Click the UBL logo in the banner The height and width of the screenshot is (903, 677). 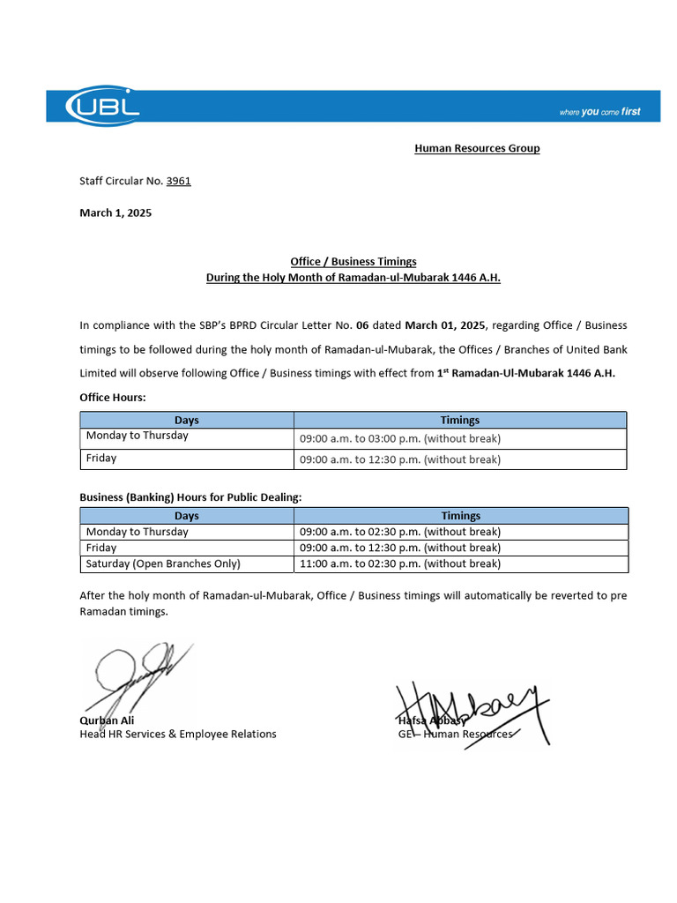[x=102, y=105]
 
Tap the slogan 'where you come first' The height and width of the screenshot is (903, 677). [x=599, y=112]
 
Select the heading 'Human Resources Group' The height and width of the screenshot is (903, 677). [x=477, y=148]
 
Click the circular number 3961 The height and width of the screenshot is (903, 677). [x=178, y=181]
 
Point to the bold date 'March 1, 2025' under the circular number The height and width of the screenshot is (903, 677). [x=115, y=213]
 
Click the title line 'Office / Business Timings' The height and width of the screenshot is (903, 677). [x=353, y=262]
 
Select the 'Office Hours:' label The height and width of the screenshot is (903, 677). [x=113, y=398]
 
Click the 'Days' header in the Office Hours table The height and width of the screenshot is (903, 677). [x=186, y=420]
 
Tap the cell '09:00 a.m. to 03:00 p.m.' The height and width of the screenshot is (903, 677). [x=399, y=438]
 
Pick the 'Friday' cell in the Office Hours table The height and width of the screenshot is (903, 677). [x=101, y=459]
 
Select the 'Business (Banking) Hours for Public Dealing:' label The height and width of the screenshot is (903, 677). [x=190, y=497]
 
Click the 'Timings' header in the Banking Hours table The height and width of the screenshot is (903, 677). [x=460, y=516]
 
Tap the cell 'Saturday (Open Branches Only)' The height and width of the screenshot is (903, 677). [x=163, y=563]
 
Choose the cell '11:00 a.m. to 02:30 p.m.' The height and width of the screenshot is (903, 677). [x=399, y=563]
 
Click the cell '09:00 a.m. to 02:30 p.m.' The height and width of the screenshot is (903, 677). [x=399, y=532]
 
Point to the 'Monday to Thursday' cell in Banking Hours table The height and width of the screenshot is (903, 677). [x=137, y=532]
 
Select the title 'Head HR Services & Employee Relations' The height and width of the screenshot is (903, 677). [x=177, y=734]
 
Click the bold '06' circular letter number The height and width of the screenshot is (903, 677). [x=362, y=325]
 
